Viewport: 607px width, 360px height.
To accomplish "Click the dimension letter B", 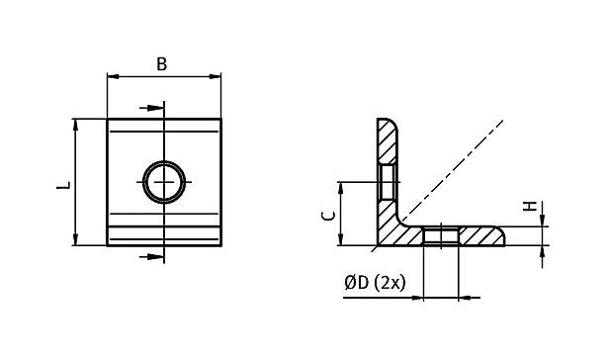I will click(x=162, y=64).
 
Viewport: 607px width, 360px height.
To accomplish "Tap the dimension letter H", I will click(x=528, y=207).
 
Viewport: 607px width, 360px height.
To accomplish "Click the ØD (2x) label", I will click(x=375, y=283).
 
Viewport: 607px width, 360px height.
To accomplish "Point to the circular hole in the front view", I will click(x=162, y=181).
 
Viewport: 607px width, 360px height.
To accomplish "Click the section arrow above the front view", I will click(x=149, y=108).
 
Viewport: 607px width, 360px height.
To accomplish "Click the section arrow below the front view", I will click(x=149, y=256).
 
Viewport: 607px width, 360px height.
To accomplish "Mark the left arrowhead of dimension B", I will click(x=111, y=76).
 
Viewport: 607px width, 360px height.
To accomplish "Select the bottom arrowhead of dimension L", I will click(x=75, y=240).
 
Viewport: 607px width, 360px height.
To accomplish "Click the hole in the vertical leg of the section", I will click(x=387, y=182).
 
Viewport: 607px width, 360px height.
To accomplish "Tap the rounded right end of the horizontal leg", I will click(x=502, y=235).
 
